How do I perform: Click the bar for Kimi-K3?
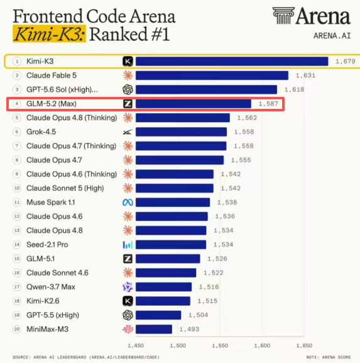coord(232,62)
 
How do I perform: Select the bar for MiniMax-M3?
coord(154,329)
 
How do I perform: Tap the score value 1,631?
coord(305,75)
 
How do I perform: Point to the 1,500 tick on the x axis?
coord(178,345)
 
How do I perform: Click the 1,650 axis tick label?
coord(304,345)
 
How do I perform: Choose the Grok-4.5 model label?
coord(41,131)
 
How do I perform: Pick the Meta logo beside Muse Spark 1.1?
coord(128,203)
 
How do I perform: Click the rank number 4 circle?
coord(16,103)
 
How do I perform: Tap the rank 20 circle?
coord(17,329)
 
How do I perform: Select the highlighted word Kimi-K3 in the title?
coord(49,34)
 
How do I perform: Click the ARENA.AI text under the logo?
coord(332,36)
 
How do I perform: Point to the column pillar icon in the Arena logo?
coord(283,16)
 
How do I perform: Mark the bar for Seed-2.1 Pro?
coord(171,245)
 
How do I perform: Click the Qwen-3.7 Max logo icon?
coord(128,287)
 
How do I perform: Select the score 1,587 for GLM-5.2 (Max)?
coord(268,103)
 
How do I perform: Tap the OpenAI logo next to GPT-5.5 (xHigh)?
coord(128,315)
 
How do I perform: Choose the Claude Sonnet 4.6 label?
coord(57,272)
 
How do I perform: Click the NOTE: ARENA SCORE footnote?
coord(329,357)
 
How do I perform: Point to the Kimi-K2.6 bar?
coord(163,301)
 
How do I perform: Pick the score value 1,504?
coord(198,315)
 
